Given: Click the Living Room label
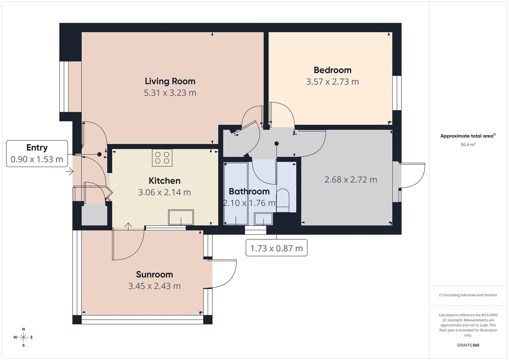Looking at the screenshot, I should click(170, 81).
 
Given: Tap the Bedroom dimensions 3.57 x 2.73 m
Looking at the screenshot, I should click(332, 82).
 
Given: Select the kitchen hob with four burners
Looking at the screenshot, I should click(162, 158).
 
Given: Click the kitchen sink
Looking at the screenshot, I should click(181, 218).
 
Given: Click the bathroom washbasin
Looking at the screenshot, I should click(263, 219).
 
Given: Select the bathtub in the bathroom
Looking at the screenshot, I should click(236, 194).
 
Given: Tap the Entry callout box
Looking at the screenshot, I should click(37, 153).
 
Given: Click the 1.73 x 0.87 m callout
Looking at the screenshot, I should click(276, 248).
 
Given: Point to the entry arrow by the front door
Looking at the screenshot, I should click(69, 172).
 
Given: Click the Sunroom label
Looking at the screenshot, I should click(154, 274).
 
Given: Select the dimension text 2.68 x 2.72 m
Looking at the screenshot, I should click(351, 180).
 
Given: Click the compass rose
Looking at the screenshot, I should click(23, 337).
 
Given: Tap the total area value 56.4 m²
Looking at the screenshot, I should click(468, 145).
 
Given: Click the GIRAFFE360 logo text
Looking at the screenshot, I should click(468, 345).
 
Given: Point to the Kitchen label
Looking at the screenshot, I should click(164, 181).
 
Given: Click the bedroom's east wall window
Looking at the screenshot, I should click(397, 93).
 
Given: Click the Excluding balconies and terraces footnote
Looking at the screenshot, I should click(468, 295).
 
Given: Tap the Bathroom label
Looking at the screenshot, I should click(249, 191).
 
